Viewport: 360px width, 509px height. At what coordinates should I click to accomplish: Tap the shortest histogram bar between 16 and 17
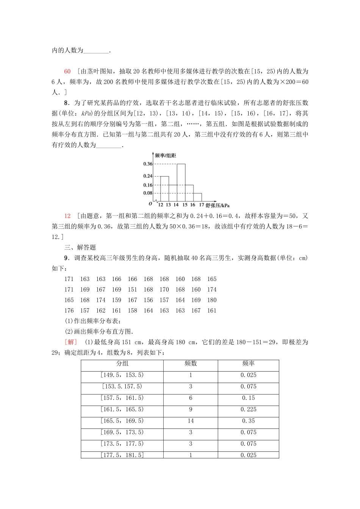click(197, 197)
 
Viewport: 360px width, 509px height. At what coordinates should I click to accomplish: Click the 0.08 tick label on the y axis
click(147, 193)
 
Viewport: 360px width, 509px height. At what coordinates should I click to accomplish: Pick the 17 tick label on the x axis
click(202, 205)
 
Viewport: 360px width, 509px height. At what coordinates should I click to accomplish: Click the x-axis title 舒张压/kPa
click(218, 205)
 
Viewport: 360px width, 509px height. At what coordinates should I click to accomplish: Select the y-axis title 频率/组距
click(166, 156)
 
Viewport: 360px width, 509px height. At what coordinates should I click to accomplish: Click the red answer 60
click(67, 71)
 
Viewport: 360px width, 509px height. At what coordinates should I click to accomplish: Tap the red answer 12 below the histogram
click(67, 216)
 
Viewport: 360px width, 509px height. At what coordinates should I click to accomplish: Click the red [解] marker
click(70, 342)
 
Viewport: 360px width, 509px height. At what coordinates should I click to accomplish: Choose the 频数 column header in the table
click(191, 364)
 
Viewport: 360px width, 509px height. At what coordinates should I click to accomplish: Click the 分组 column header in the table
click(122, 364)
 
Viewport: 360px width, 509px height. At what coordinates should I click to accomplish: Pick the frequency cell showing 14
click(191, 421)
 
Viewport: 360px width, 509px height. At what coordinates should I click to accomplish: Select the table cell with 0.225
click(248, 409)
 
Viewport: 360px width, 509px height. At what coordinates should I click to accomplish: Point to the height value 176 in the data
click(69, 311)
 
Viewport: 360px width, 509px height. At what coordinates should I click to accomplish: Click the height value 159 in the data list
click(116, 300)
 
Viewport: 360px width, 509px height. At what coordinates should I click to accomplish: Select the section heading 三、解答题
click(80, 247)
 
